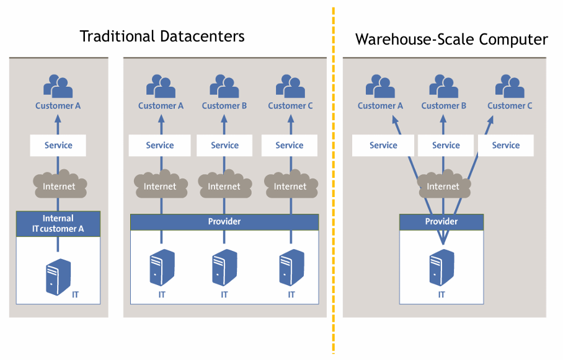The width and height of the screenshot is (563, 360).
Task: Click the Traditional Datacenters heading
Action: click(162, 36)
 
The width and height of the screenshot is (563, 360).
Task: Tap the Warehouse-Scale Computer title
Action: click(451, 40)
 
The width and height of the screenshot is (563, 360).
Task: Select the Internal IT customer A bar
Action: click(58, 223)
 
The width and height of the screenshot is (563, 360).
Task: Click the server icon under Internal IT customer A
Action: click(58, 276)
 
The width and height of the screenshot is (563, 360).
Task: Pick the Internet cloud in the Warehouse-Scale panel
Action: click(443, 185)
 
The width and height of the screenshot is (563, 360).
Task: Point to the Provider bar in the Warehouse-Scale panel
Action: click(441, 221)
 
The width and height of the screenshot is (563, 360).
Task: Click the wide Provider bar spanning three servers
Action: click(224, 221)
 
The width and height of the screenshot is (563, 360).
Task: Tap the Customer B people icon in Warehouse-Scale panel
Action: click(443, 87)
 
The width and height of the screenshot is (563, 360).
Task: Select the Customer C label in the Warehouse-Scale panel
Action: click(510, 106)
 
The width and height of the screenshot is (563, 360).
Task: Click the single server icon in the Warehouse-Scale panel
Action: click(442, 267)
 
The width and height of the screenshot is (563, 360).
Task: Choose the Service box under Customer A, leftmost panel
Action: click(58, 146)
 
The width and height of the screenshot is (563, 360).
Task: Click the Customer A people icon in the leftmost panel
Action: click(58, 87)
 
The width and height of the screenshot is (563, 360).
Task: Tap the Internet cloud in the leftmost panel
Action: click(59, 185)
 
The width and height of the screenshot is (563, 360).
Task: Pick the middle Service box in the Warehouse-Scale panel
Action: click(446, 146)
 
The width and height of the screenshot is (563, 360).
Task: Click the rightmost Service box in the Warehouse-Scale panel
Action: click(506, 146)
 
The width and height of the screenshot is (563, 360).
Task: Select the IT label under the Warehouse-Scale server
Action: click(441, 295)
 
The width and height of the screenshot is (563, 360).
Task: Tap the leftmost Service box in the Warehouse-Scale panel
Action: click(383, 146)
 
